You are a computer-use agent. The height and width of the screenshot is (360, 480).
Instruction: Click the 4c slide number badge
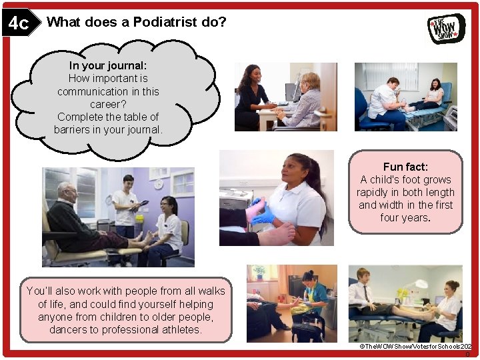click(18, 23)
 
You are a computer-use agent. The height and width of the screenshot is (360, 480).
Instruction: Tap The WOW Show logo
click(446, 28)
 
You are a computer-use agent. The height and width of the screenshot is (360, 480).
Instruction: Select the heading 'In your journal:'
click(108, 66)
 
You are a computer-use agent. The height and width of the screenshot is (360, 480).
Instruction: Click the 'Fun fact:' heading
click(405, 167)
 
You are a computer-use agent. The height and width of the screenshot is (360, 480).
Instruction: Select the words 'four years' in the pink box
click(404, 218)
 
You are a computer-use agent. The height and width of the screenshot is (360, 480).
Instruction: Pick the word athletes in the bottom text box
click(181, 329)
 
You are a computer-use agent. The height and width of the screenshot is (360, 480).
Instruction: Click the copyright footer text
click(415, 347)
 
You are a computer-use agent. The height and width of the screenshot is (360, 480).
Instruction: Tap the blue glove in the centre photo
click(263, 217)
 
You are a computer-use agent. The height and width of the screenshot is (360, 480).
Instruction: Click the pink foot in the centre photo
click(255, 209)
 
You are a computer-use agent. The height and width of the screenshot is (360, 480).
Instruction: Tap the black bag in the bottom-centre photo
click(306, 331)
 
